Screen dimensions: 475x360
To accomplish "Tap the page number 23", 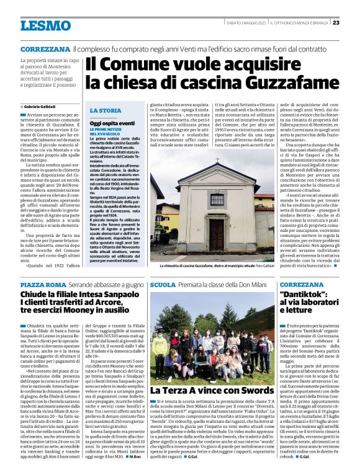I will (x=336, y=22).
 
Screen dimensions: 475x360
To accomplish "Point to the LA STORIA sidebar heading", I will (x=106, y=110).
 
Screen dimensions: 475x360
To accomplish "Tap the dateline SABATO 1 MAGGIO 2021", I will (x=245, y=22).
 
